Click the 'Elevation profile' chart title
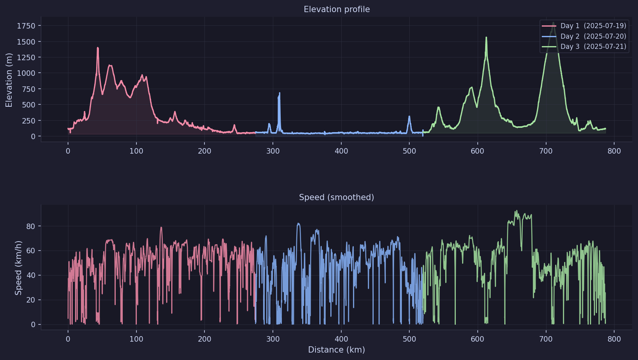tap(337, 9)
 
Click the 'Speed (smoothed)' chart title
tap(337, 197)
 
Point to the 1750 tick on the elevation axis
tap(26, 26)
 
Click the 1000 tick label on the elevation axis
tap(26, 73)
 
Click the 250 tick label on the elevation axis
tap(29, 121)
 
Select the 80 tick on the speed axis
tap(31, 226)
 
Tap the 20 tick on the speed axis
tap(31, 300)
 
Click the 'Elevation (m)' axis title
tap(9, 80)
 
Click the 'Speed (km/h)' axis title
tap(18, 268)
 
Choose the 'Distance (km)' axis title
tap(337, 350)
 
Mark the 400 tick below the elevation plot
tap(341, 151)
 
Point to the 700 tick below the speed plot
tap(546, 339)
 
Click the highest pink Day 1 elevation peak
tap(98, 48)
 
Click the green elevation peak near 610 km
tap(486, 38)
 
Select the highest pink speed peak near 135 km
tap(161, 228)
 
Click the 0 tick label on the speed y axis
tap(33, 324)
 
